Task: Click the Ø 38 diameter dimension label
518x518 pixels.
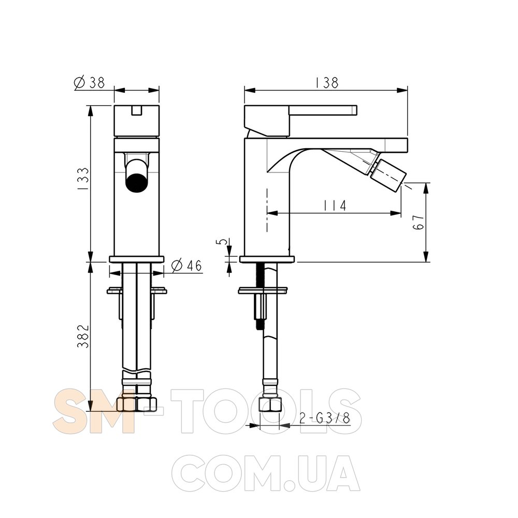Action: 90,82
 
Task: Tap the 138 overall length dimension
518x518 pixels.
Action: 326,82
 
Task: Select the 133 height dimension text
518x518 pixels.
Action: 83,178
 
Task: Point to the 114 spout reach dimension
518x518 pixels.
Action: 335,206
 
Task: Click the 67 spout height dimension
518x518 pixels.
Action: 418,222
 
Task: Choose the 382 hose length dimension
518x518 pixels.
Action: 83,336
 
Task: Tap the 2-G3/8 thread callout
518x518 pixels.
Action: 324,419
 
